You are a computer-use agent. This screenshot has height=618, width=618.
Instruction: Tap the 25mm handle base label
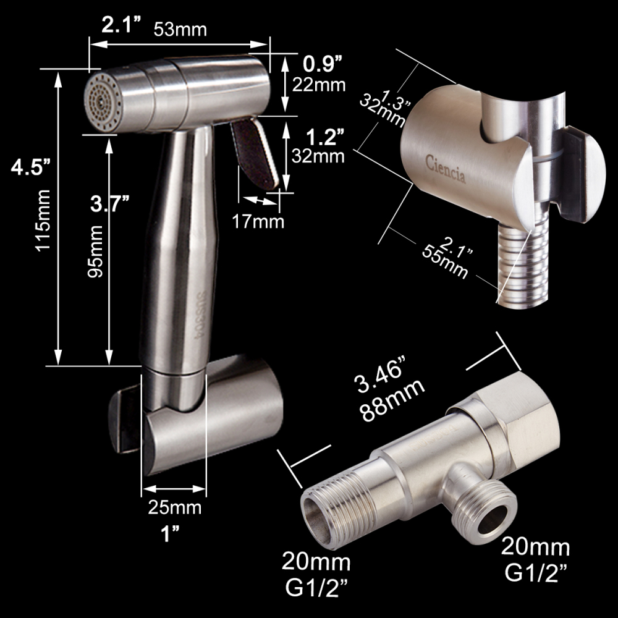(x=175, y=508)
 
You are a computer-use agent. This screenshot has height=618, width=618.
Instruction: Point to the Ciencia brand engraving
(x=446, y=169)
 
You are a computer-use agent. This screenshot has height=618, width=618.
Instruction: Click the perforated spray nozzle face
(x=103, y=101)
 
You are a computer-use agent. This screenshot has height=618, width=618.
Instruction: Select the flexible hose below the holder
(x=519, y=266)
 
